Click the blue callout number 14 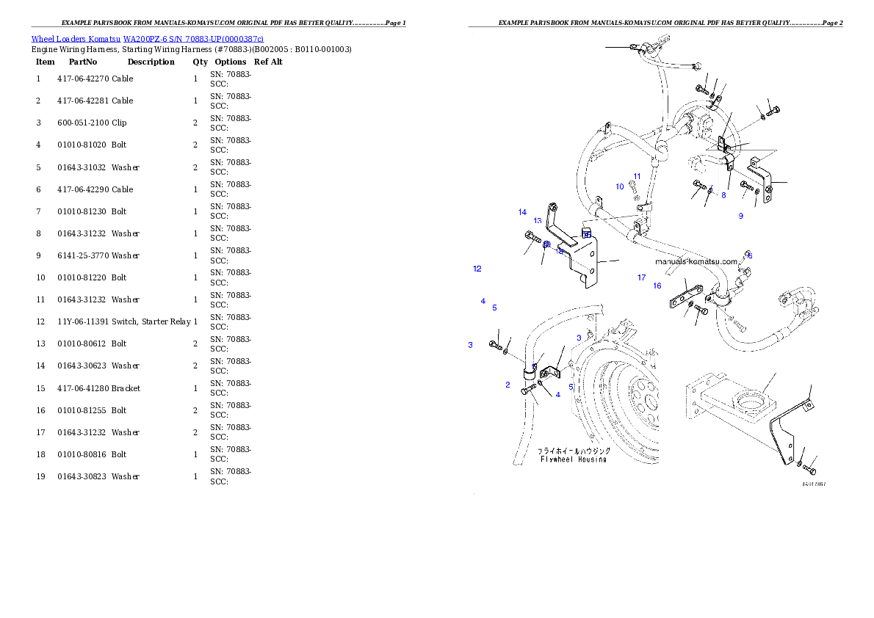tap(522, 212)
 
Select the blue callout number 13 tap(538, 221)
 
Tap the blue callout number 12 tap(477, 269)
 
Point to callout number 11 tap(637, 176)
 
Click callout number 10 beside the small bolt tap(620, 186)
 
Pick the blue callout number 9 tap(740, 216)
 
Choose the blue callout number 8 tap(723, 195)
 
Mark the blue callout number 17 tap(641, 277)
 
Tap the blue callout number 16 tap(657, 286)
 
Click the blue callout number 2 tap(508, 385)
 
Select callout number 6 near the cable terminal tap(749, 255)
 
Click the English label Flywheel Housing tap(573, 459)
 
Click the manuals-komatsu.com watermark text tap(696, 261)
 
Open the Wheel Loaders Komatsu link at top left tap(147, 38)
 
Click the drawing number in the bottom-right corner tap(813, 484)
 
